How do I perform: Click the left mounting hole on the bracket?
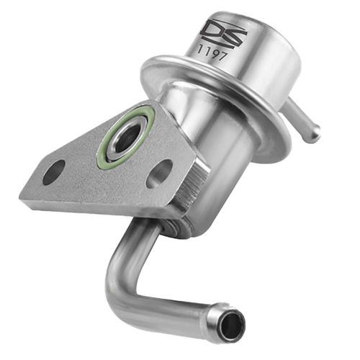(54, 171)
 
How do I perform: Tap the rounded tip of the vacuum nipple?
(315, 132)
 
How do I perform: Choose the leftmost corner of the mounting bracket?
(22, 193)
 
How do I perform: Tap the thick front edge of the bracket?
(108, 209)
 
